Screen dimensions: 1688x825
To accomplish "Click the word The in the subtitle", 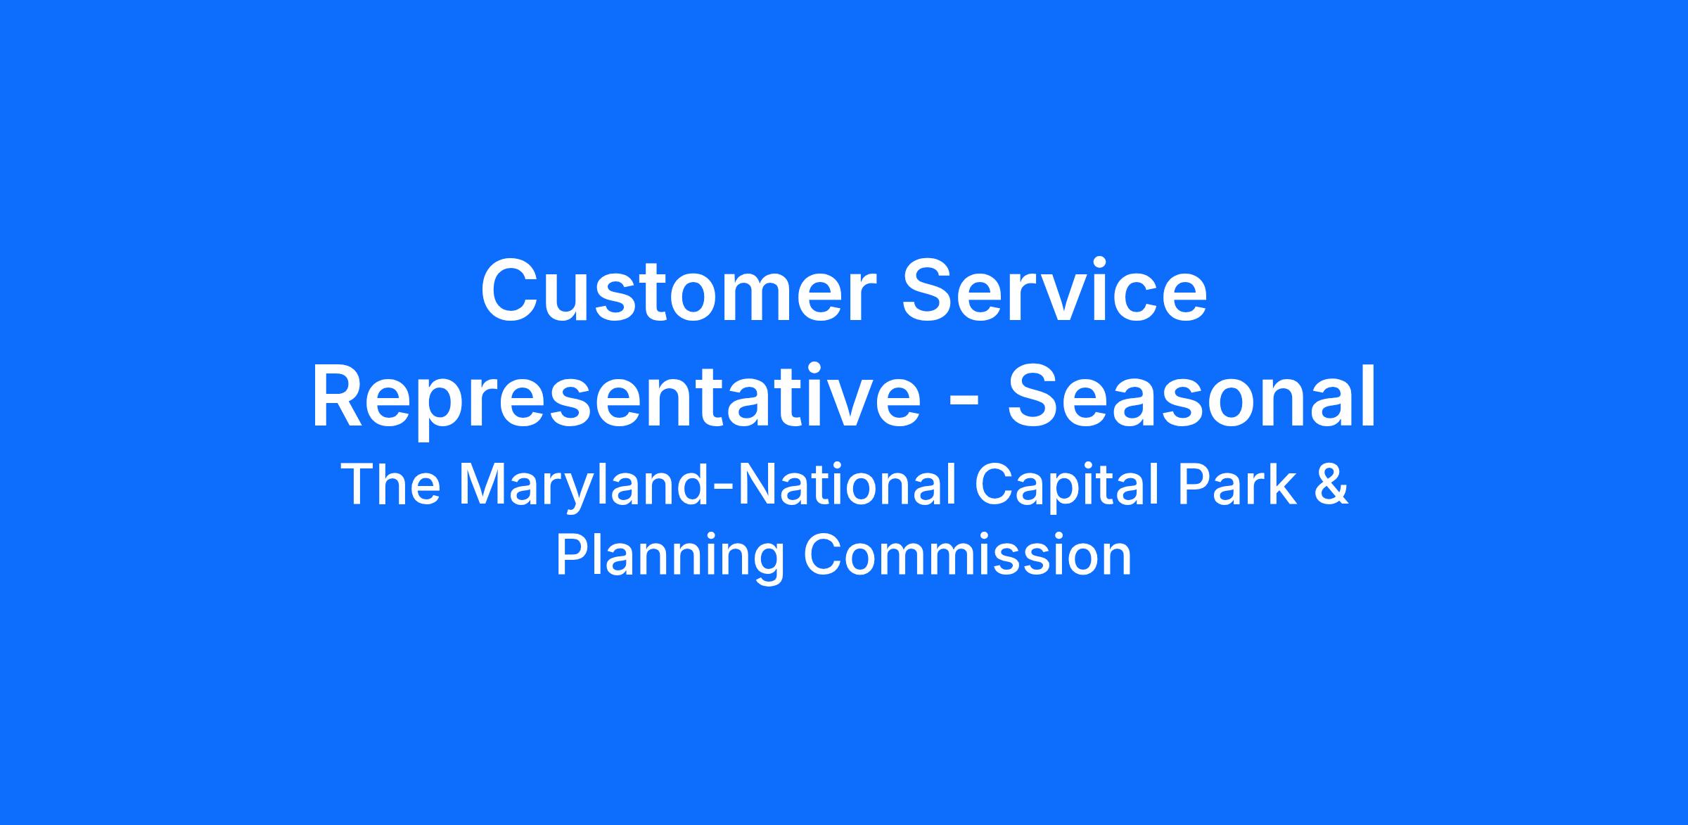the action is (x=390, y=485).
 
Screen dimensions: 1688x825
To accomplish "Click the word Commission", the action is (x=967, y=555).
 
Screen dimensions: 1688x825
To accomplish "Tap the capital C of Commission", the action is (x=824, y=555).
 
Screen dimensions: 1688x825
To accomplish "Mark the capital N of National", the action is (x=752, y=485).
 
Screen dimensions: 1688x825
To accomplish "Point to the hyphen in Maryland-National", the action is (x=720, y=491).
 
